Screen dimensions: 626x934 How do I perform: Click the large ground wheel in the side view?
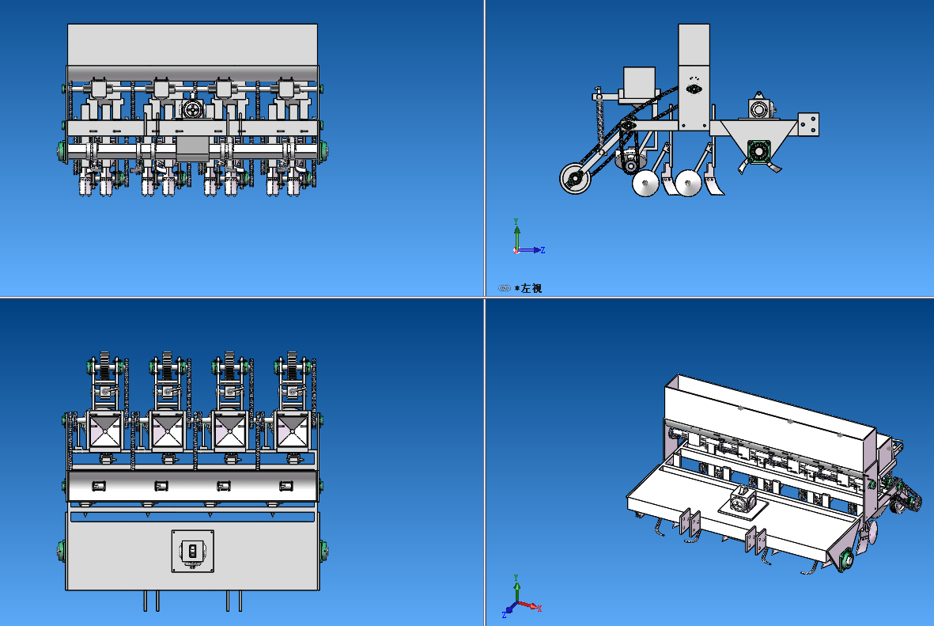tap(576, 180)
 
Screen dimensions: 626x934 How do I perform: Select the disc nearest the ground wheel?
tap(646, 185)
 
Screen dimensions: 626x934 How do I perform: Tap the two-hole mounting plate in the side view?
tap(808, 124)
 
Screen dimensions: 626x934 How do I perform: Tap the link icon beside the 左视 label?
tap(504, 288)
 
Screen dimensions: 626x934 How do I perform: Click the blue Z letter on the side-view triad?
tap(543, 250)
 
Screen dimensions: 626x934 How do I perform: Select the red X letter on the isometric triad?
tap(539, 609)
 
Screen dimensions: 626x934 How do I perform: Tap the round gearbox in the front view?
tap(192, 111)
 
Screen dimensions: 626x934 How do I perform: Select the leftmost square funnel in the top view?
tap(105, 432)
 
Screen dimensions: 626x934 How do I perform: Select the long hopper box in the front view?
tap(192, 45)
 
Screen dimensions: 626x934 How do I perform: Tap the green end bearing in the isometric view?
tap(846, 560)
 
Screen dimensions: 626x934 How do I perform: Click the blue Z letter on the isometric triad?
tap(505, 614)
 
